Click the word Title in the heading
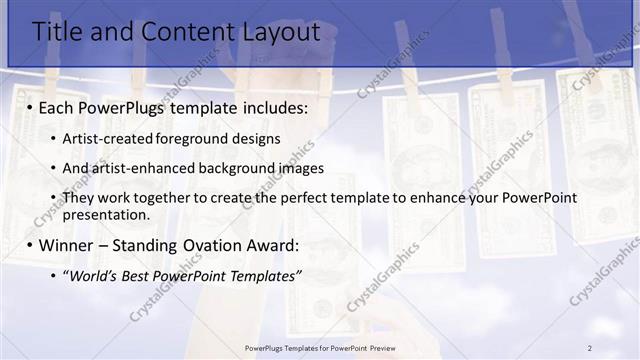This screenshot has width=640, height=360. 61,32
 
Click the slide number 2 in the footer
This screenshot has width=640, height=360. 589,347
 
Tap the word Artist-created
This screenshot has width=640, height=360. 105,138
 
